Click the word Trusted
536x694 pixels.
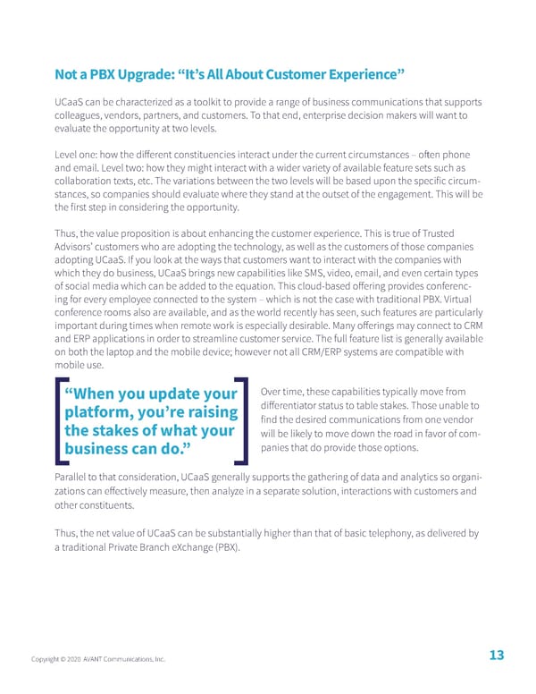460,229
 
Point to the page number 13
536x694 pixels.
496,656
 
